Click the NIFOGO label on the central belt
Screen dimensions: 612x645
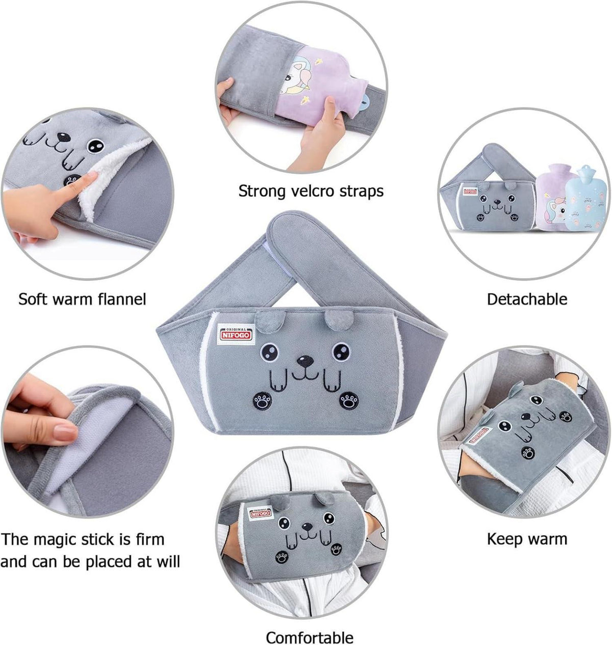(237, 335)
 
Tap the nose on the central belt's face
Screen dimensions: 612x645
(305, 361)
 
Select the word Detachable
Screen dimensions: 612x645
(527, 299)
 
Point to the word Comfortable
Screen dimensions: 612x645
(310, 629)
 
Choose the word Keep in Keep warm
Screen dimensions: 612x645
(505, 540)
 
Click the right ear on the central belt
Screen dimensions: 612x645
(339, 319)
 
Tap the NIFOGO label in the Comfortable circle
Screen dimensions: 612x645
(260, 514)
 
